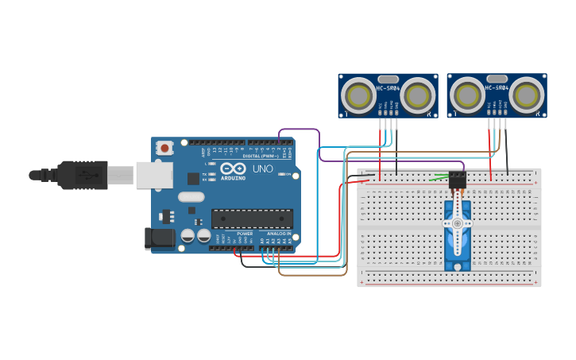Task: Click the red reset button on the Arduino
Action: pyautogui.click(x=164, y=147)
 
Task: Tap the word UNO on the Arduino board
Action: pyautogui.click(x=263, y=169)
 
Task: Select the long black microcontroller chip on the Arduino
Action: pyautogui.click(x=252, y=219)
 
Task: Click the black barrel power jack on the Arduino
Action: pyautogui.click(x=160, y=238)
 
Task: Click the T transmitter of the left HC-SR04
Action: pyautogui.click(x=358, y=96)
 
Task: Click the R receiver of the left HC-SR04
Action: pyautogui.click(x=417, y=96)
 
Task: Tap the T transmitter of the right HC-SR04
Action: pyautogui.click(x=467, y=96)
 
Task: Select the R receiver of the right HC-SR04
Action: pyautogui.click(x=527, y=96)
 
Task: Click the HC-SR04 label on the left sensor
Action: pyautogui.click(x=387, y=88)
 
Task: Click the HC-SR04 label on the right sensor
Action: pyautogui.click(x=496, y=88)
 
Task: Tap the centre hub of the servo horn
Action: pyautogui.click(x=457, y=224)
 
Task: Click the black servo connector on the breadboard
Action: pyautogui.click(x=457, y=180)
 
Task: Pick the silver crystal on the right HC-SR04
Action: pyautogui.click(x=497, y=79)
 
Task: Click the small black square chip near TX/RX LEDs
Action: pyautogui.click(x=193, y=179)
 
